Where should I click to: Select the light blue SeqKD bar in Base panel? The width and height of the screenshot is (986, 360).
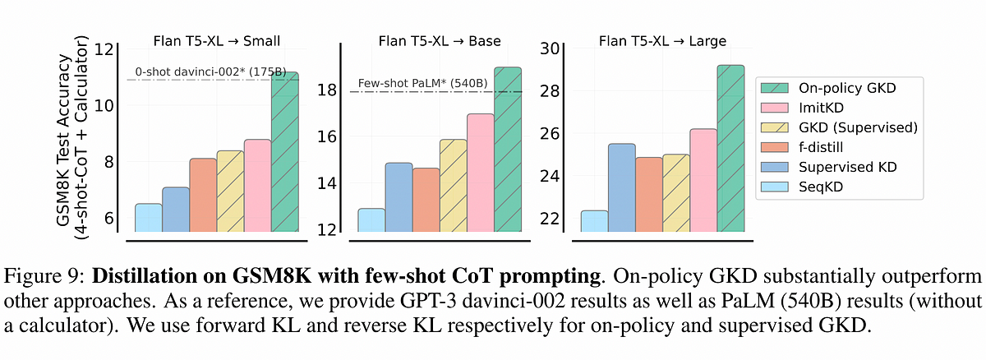371,219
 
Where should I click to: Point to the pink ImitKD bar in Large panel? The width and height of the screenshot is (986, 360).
703,180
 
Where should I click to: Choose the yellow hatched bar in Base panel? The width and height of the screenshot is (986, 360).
453,185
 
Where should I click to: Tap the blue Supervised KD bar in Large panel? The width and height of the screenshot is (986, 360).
621,187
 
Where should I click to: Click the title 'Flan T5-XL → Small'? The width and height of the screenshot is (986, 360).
215,39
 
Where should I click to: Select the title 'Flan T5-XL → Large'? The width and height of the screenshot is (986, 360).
664,39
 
